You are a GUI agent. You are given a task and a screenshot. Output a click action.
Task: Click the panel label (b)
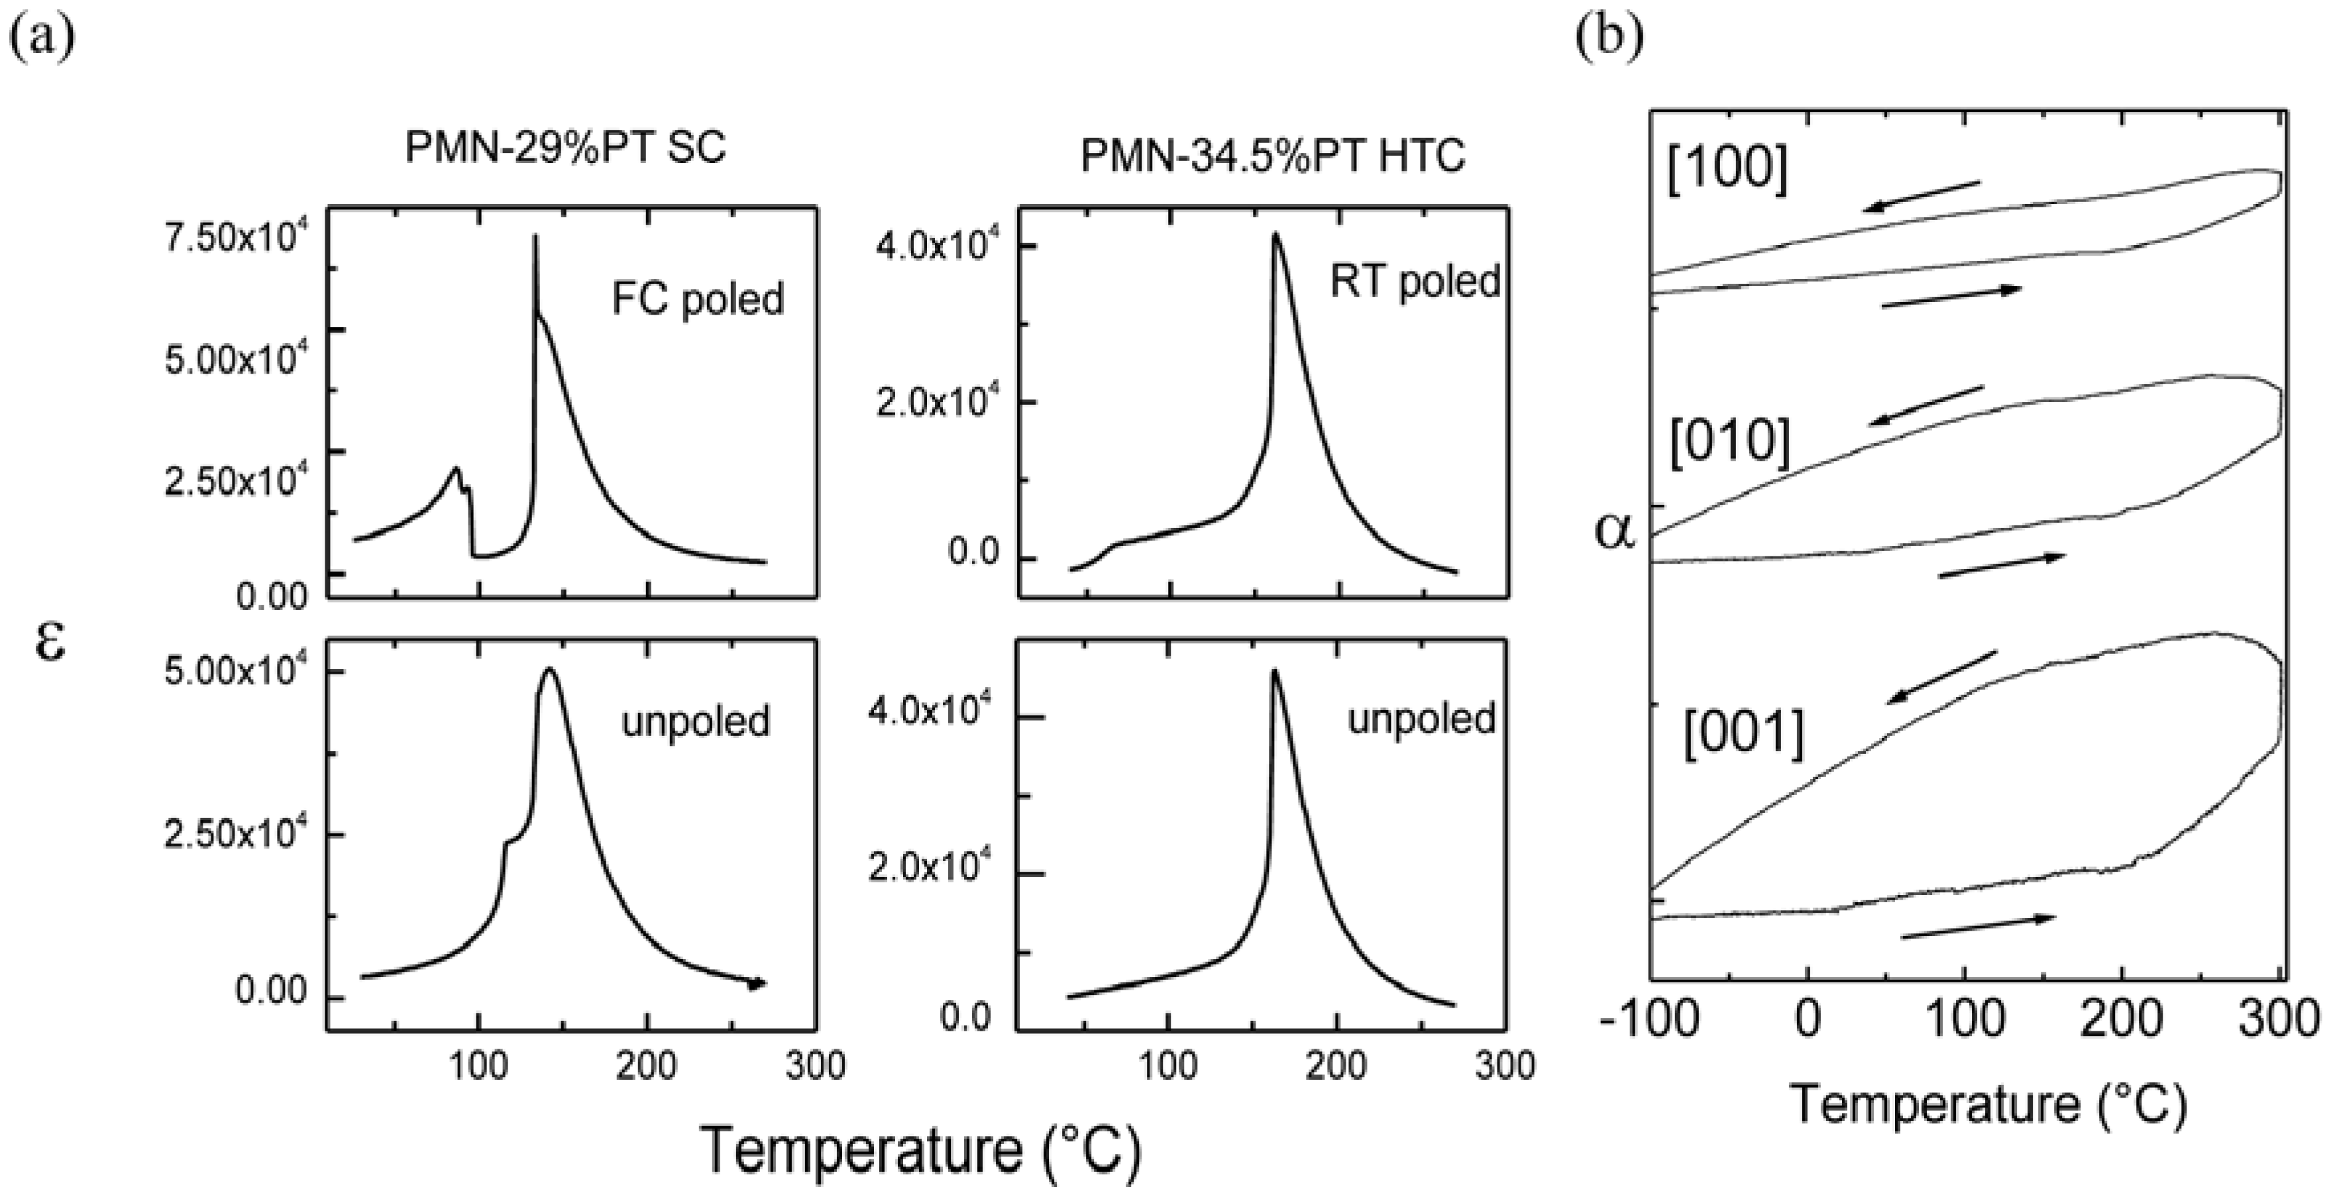1609,37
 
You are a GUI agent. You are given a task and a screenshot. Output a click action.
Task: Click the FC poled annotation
697,299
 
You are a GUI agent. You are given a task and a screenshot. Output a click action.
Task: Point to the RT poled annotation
1415,282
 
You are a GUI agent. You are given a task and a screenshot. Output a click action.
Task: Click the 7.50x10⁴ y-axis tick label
235,239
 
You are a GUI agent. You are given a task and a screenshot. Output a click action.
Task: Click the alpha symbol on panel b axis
1615,531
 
